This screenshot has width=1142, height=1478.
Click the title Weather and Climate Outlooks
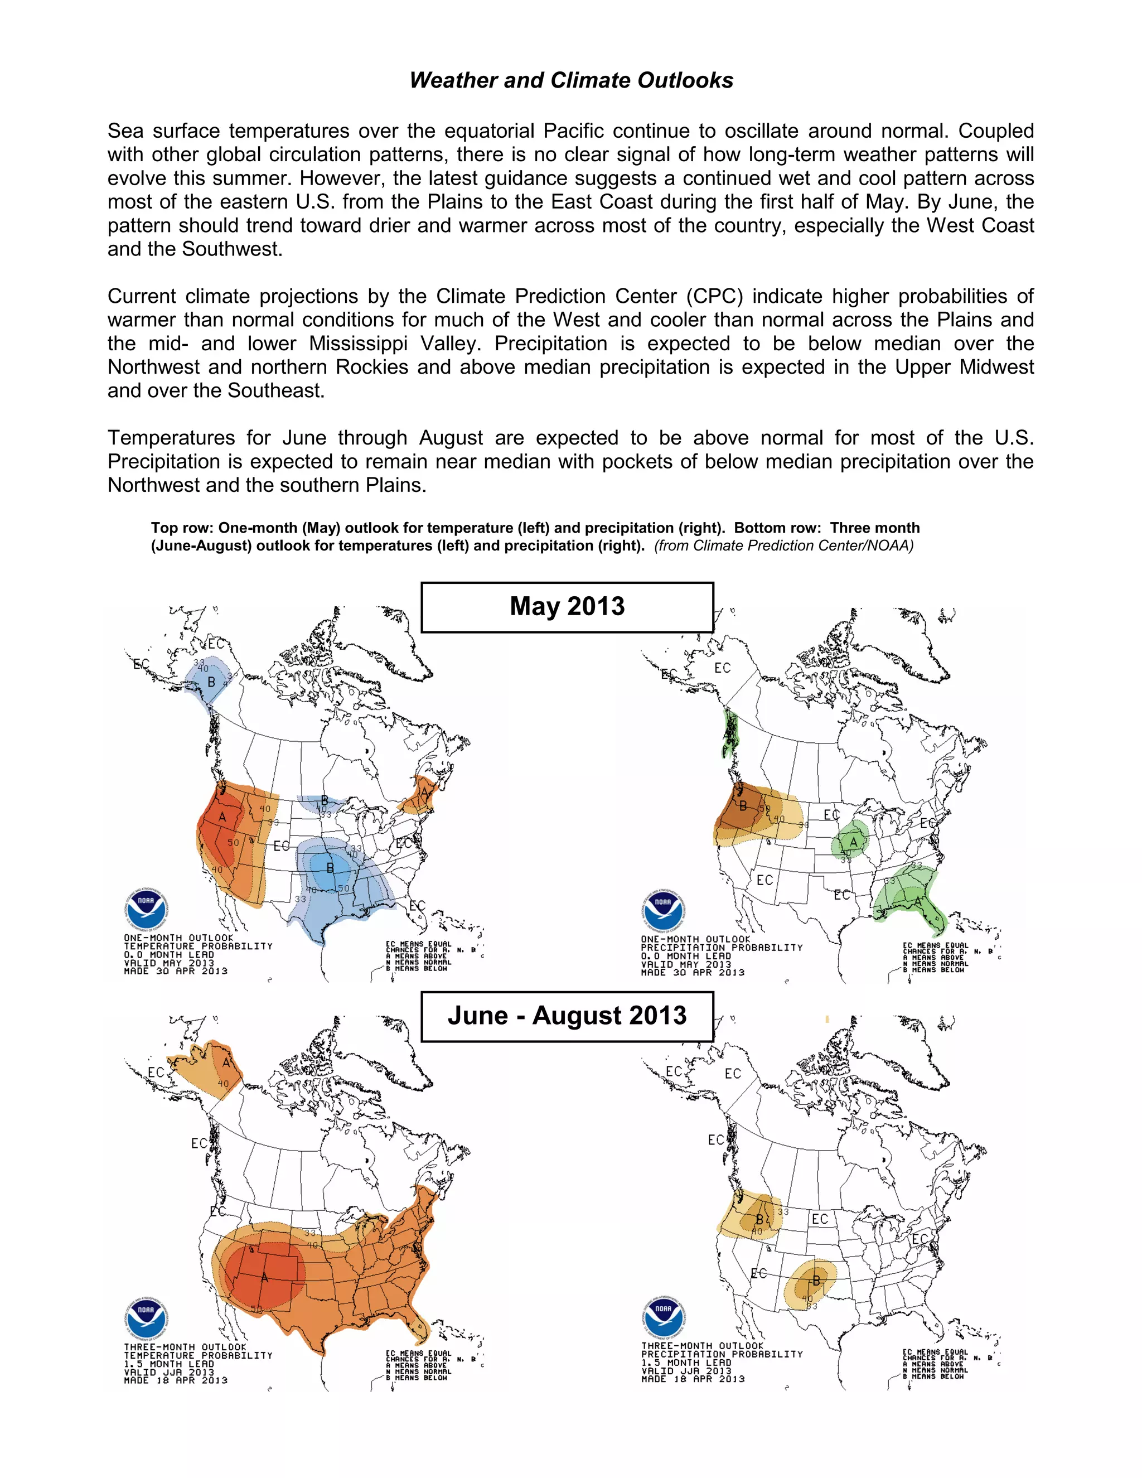571,80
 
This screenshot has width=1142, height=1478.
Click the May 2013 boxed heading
567,606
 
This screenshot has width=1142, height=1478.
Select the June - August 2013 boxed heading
567,1016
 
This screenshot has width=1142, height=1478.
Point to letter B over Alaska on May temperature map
211,682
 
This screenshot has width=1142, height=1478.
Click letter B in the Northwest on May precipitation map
743,806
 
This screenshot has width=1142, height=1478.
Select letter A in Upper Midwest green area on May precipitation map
854,842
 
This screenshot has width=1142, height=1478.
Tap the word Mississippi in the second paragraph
358,344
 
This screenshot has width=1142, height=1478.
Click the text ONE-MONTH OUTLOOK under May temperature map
178,938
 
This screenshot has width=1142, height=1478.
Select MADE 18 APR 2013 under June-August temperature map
175,1380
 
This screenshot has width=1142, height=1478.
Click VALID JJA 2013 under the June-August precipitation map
686,1370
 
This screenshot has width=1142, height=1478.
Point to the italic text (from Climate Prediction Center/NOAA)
783,546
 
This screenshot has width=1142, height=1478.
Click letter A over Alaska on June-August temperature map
226,1062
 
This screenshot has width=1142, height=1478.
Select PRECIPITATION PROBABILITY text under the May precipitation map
721,948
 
